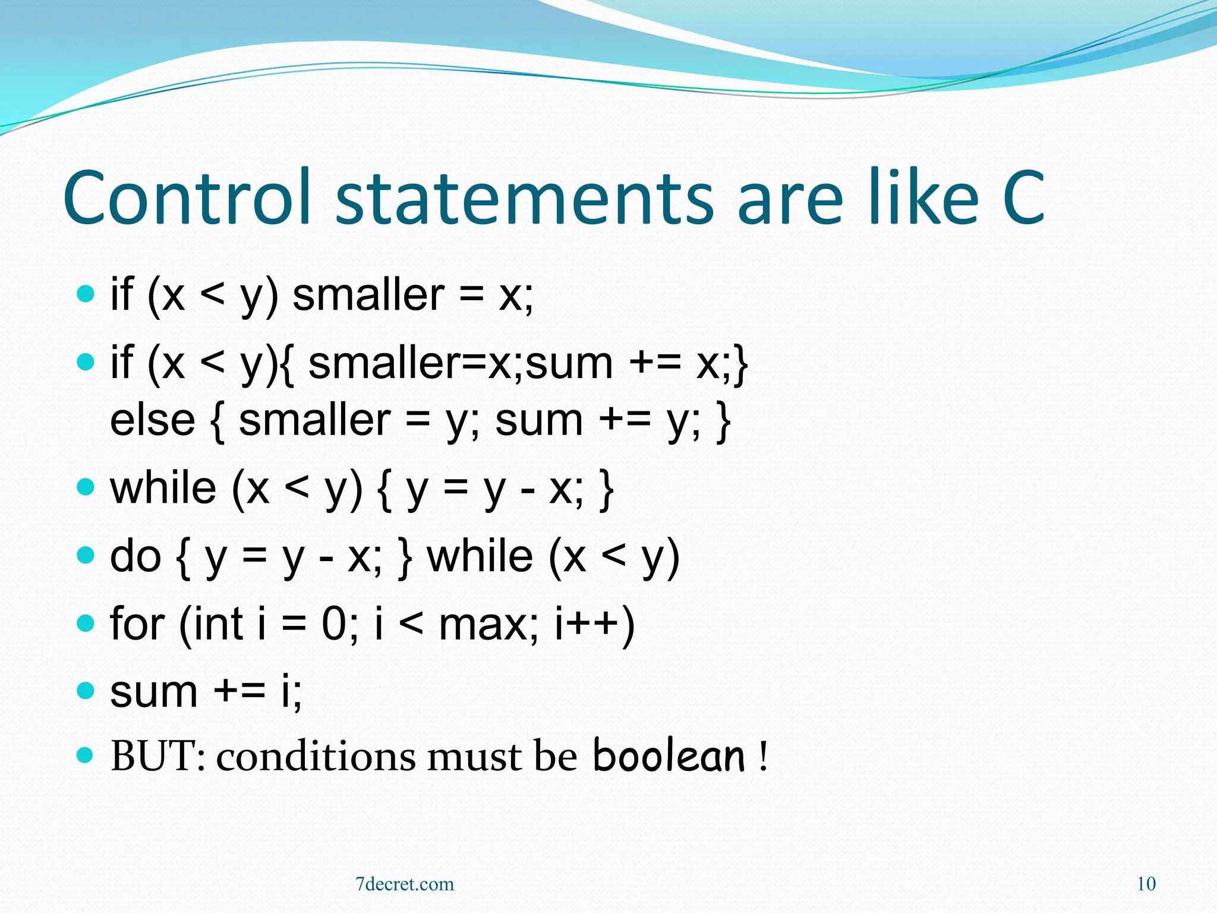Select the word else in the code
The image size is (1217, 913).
(x=153, y=420)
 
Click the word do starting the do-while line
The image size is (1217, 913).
(x=135, y=556)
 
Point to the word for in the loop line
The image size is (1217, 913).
(x=137, y=624)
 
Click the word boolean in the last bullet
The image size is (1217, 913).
(x=669, y=756)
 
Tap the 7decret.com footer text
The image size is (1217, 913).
(x=405, y=884)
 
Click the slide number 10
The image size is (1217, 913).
(x=1146, y=884)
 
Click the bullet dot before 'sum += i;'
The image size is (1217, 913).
(x=86, y=690)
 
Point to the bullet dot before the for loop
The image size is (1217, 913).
(x=86, y=623)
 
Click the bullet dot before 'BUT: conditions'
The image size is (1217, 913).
(x=86, y=755)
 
